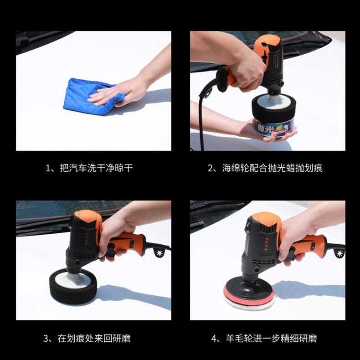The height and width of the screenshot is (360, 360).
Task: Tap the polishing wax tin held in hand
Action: tap(275, 127)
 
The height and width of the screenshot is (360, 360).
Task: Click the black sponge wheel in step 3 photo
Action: tap(73, 286)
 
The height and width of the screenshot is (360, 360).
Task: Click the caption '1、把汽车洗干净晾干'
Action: tap(89, 168)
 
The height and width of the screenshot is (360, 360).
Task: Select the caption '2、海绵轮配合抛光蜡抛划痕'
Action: tap(265, 168)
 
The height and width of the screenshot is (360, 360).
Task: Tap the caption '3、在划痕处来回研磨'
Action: tap(87, 339)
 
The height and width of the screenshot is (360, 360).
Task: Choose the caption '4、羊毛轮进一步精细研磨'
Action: tap(264, 339)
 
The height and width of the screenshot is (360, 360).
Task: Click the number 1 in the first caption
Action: tap(48, 168)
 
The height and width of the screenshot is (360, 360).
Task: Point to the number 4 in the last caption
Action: tap(214, 339)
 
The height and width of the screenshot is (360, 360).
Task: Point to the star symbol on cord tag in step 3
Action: tap(159, 253)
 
